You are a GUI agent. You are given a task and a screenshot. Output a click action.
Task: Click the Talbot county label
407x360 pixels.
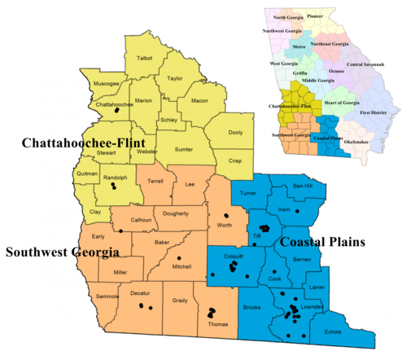[x=145, y=59]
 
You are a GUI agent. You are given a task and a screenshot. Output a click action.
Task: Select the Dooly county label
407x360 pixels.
[x=234, y=133]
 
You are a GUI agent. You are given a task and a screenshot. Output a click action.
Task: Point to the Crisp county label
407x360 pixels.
[x=235, y=161]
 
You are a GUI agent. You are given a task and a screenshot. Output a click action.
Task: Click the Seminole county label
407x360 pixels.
[x=108, y=296]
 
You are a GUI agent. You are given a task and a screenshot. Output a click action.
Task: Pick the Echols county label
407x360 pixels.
[x=333, y=331]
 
